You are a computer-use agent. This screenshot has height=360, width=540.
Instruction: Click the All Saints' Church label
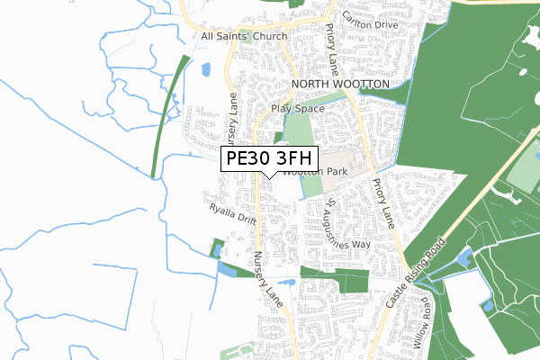tap(244, 36)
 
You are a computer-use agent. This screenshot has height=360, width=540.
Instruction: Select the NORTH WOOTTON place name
tap(340, 84)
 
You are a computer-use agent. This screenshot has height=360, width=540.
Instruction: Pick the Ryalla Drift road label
tap(233, 213)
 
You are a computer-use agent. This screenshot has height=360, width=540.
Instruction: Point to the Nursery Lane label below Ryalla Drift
tap(270, 279)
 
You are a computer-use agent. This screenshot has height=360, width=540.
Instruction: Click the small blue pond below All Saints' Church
tap(206, 68)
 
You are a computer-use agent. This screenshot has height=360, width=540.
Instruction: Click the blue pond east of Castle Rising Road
tap(464, 259)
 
